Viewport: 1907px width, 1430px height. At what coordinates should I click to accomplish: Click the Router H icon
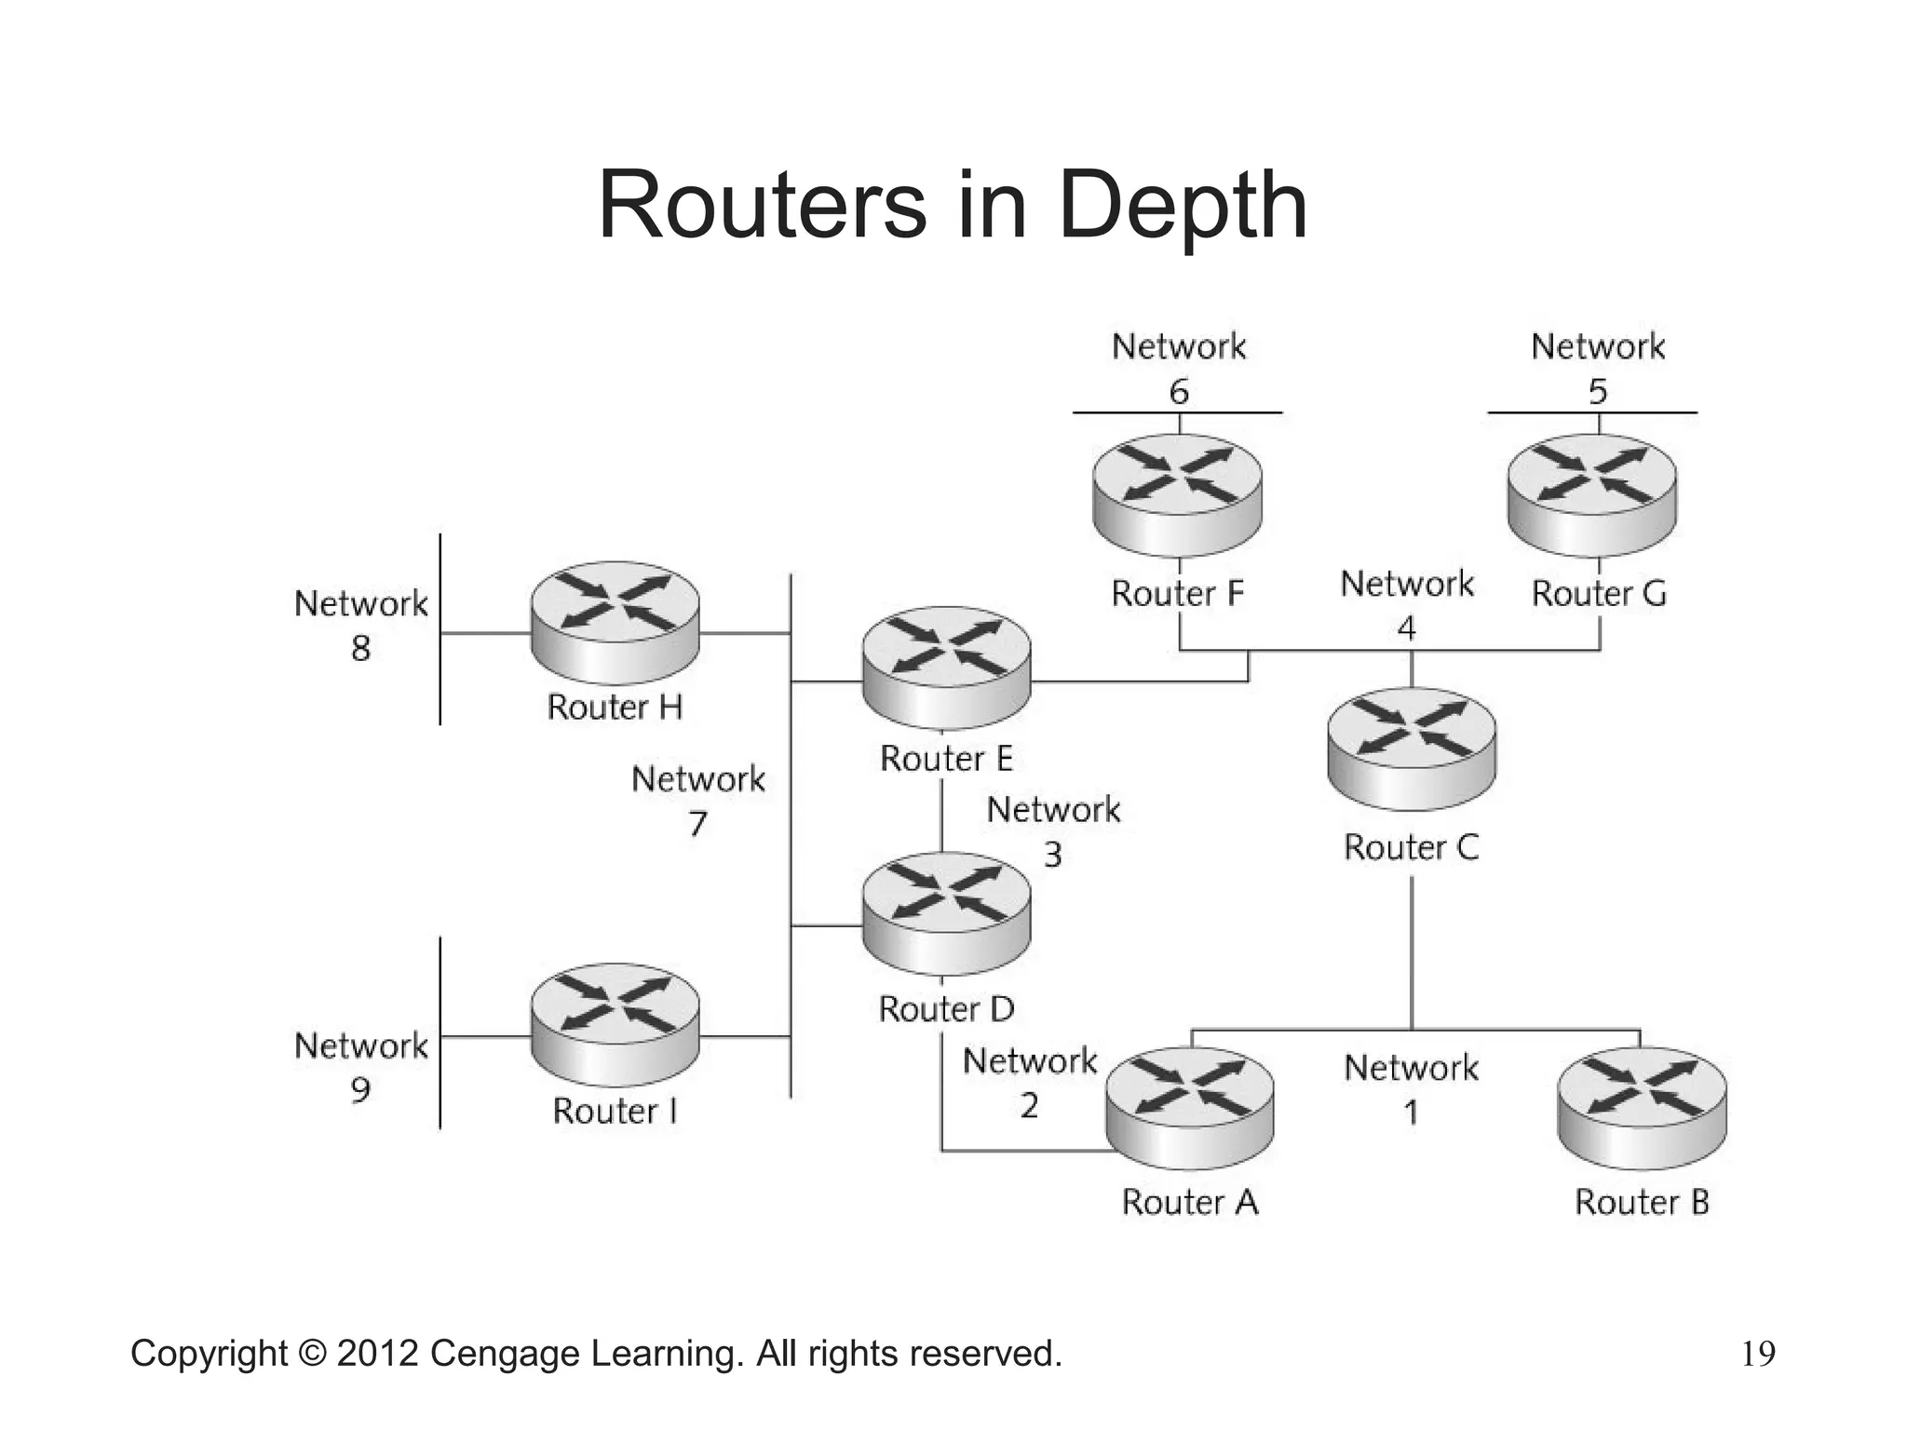coord(615,621)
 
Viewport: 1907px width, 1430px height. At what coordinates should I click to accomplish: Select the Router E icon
coord(946,667)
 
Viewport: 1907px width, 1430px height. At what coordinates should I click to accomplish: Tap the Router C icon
coord(1412,748)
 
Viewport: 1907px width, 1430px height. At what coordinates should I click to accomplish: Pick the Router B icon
coord(1642,1108)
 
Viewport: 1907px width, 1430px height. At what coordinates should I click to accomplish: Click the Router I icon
coord(615,1023)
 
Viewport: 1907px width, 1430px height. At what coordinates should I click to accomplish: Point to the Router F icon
coord(1177,494)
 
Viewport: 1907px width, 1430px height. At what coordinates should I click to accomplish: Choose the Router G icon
coord(1591,494)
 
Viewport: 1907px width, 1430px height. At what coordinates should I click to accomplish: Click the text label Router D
coord(946,1009)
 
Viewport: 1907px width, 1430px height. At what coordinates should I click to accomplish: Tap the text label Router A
coord(1190,1202)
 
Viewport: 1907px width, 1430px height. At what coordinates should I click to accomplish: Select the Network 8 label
coord(360,625)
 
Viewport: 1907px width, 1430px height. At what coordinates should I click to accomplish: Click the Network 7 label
coord(697,800)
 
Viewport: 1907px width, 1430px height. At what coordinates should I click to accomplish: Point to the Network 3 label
coord(1053,830)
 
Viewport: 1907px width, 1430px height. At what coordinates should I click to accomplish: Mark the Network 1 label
coord(1411,1088)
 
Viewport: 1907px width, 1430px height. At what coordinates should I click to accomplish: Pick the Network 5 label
coord(1598,368)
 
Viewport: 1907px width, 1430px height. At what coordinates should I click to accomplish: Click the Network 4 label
coord(1407,605)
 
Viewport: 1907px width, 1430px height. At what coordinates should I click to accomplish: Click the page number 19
coord(1758,1354)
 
